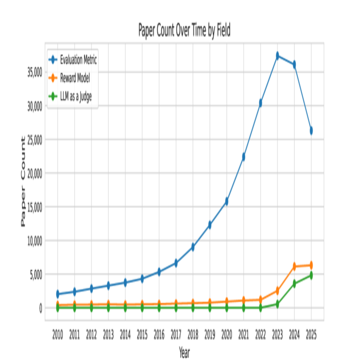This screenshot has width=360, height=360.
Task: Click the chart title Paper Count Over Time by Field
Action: click(x=184, y=30)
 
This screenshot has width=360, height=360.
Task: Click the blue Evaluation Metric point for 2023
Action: click(x=277, y=56)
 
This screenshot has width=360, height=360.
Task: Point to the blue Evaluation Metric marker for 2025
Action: click(x=311, y=130)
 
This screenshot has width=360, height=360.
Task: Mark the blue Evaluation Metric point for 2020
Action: click(x=226, y=201)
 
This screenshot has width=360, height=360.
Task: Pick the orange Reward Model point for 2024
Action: click(x=294, y=266)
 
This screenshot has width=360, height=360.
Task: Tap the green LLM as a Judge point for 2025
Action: click(x=311, y=276)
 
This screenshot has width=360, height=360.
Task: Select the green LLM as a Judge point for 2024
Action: click(x=294, y=284)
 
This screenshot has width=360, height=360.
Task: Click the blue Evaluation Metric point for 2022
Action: click(x=261, y=103)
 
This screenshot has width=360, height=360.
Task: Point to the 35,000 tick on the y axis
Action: click(x=35, y=72)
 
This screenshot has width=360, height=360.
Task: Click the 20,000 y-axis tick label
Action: click(x=35, y=173)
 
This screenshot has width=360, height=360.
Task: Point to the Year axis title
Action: click(x=184, y=352)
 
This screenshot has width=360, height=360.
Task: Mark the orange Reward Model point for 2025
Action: click(x=311, y=265)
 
